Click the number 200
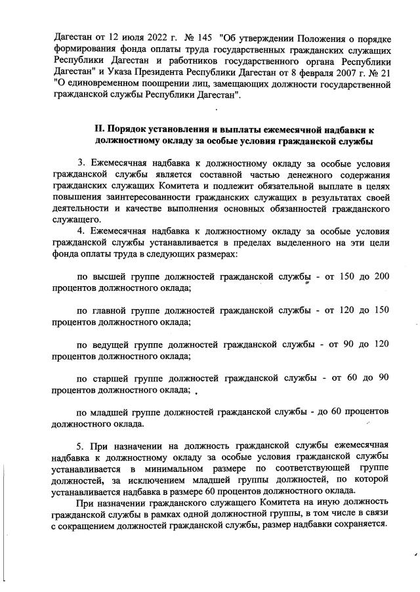(x=381, y=278)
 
